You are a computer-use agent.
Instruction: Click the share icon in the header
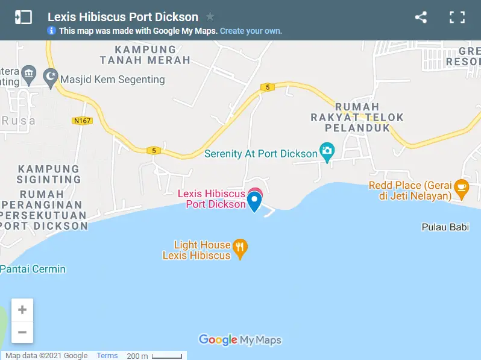coord(421,17)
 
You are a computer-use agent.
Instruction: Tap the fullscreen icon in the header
coord(457,17)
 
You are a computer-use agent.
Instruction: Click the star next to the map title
coord(210,17)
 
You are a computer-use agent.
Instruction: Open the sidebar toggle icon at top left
coord(23,17)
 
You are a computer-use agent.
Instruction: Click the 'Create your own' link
coord(251,31)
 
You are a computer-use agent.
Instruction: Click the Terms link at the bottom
coord(107,356)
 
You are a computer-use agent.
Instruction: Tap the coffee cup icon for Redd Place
coord(461,187)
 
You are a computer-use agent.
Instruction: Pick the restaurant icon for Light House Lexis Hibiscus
coord(240,247)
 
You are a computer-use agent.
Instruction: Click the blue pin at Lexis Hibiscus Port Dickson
coord(255,201)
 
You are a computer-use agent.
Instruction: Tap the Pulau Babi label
coord(445,227)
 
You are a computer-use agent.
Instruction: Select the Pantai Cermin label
coord(33,269)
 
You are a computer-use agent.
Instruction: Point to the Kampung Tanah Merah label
coord(145,55)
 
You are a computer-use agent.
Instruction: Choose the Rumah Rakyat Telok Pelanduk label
coord(357,117)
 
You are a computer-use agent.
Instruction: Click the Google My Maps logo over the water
coord(240,340)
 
